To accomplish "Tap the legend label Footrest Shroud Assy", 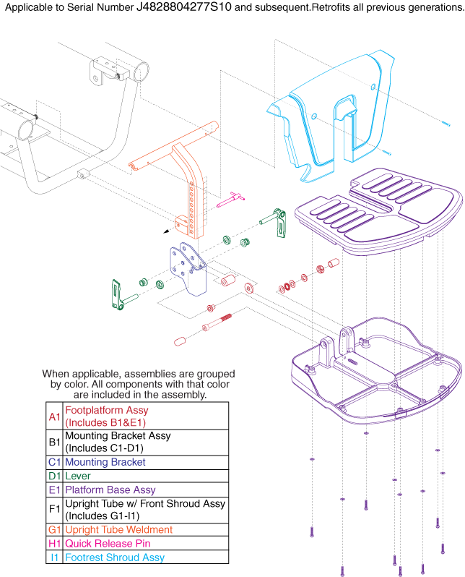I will (115, 557).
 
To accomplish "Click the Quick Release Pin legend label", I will (107, 544).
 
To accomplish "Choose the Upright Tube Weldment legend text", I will (119, 530).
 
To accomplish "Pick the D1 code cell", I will (55, 476).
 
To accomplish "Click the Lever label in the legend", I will (78, 476).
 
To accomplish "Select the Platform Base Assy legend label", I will (110, 490).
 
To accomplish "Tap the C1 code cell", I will (55, 462).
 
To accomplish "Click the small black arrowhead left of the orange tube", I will (168, 232).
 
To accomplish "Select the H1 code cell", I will (55, 544).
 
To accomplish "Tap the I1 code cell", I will (55, 557).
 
